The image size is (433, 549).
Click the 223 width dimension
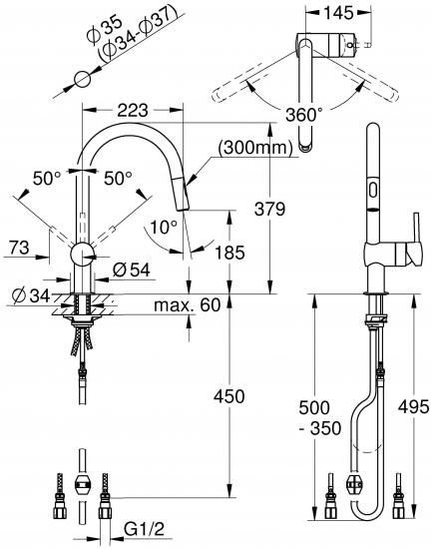tap(133, 111)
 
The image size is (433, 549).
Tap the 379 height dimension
tap(269, 209)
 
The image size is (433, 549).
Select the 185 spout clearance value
tap(229, 253)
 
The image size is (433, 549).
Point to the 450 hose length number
tap(229, 396)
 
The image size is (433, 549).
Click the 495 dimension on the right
tap(413, 407)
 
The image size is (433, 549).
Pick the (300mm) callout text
tap(254, 148)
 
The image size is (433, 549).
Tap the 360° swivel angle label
tap(304, 115)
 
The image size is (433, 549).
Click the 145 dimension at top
tap(338, 13)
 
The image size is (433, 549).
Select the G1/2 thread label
tap(144, 529)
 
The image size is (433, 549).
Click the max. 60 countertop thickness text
tap(188, 305)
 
